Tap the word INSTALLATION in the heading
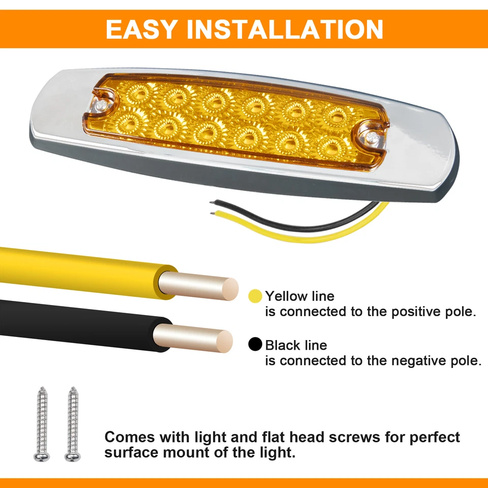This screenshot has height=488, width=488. [x=285, y=29]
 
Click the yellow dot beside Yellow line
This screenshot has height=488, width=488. [x=255, y=296]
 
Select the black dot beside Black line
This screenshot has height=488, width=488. [x=255, y=345]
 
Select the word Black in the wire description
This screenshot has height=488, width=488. [x=283, y=345]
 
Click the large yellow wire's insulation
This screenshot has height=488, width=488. [x=76, y=267]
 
